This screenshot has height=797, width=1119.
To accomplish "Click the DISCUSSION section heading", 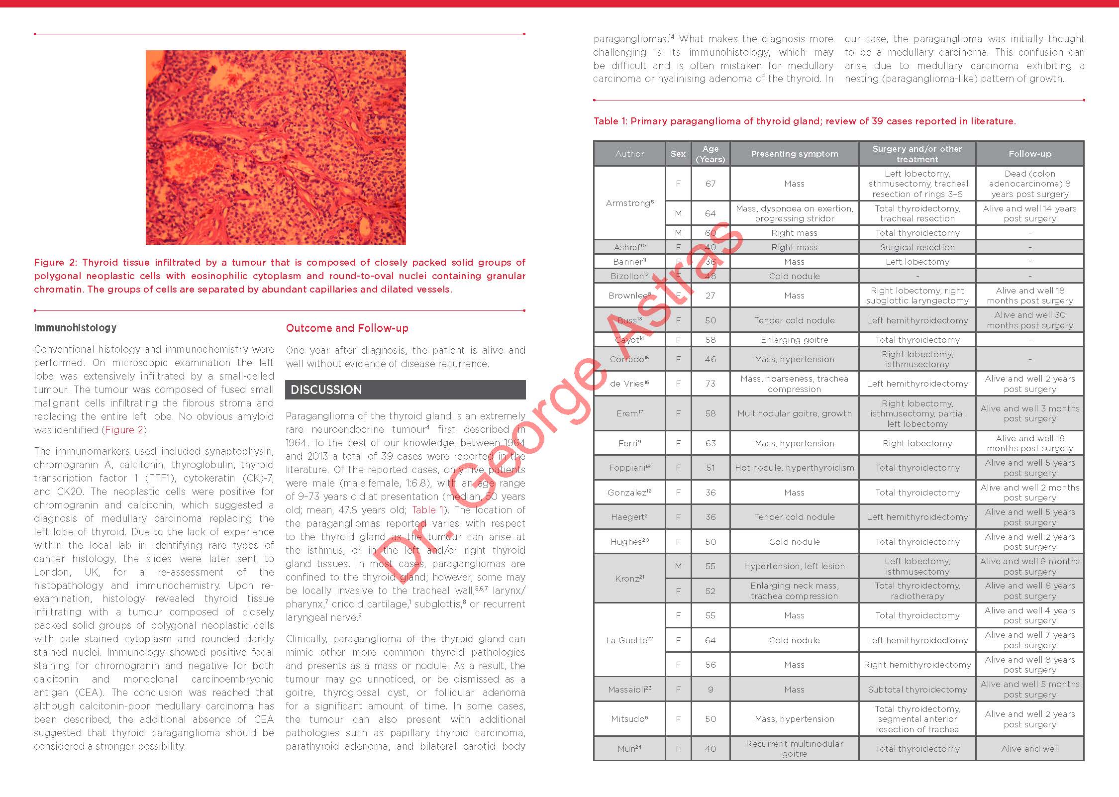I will click(x=326, y=390).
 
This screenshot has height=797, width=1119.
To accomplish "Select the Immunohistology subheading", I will click(x=75, y=328).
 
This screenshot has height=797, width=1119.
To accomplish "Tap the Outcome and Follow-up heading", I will click(x=347, y=328).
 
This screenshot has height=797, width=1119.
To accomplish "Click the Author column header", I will click(x=629, y=154).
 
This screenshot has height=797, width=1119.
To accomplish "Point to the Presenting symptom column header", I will click(x=794, y=154).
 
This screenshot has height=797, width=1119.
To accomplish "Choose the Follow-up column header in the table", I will click(x=1029, y=154).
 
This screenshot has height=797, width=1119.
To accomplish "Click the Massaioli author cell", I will click(x=629, y=690).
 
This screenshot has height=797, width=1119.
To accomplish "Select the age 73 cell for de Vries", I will click(x=710, y=384).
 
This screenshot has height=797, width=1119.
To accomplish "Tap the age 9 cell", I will click(x=710, y=690).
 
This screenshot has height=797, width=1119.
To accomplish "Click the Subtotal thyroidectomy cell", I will click(x=917, y=690).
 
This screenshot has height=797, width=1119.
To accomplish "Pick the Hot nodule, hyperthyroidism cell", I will click(x=794, y=468).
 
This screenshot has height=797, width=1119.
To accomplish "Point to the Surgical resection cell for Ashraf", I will click(x=917, y=247).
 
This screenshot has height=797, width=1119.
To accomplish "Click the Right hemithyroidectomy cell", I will click(x=917, y=665).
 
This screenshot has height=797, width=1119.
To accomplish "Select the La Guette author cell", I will click(x=629, y=640).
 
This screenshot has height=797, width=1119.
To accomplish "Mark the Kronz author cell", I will click(x=629, y=579).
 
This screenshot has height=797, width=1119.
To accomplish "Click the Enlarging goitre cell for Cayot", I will click(x=794, y=340).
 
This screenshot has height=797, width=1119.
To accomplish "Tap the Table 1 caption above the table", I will click(x=804, y=121).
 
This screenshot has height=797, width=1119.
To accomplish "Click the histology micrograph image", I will click(x=276, y=147).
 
